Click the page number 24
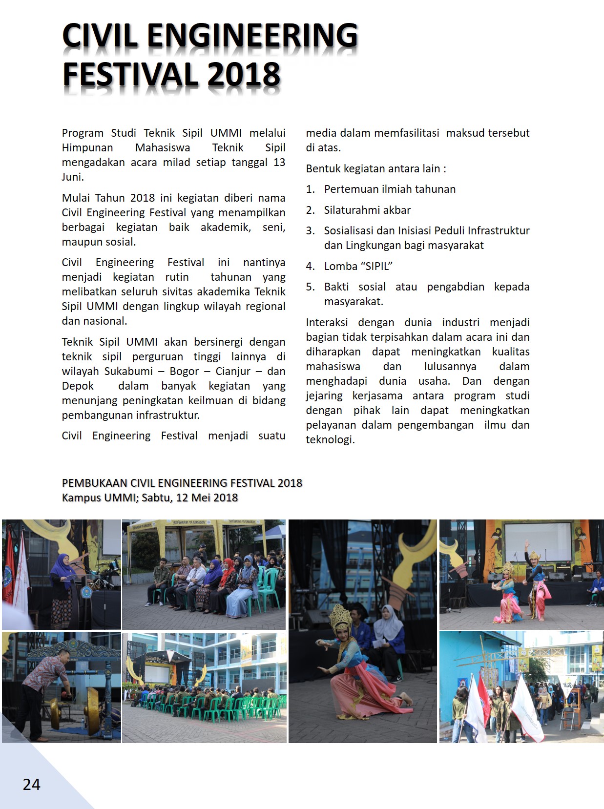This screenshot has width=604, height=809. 31,784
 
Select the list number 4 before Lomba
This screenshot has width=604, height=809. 310,266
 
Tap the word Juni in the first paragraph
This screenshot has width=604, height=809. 72,177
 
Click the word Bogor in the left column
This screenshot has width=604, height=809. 184,371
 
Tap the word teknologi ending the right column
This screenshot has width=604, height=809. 330,439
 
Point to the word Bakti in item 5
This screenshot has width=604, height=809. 336,287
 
